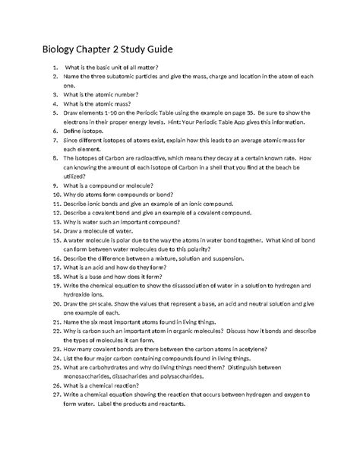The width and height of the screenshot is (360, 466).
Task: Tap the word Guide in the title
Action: pos(158,50)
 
